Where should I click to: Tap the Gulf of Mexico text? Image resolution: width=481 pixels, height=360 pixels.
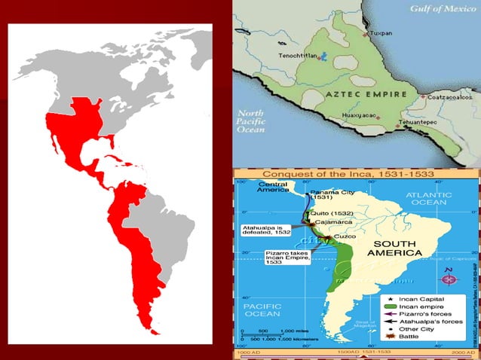point(445,9)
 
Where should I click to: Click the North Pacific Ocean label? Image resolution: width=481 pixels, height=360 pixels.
point(252,121)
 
